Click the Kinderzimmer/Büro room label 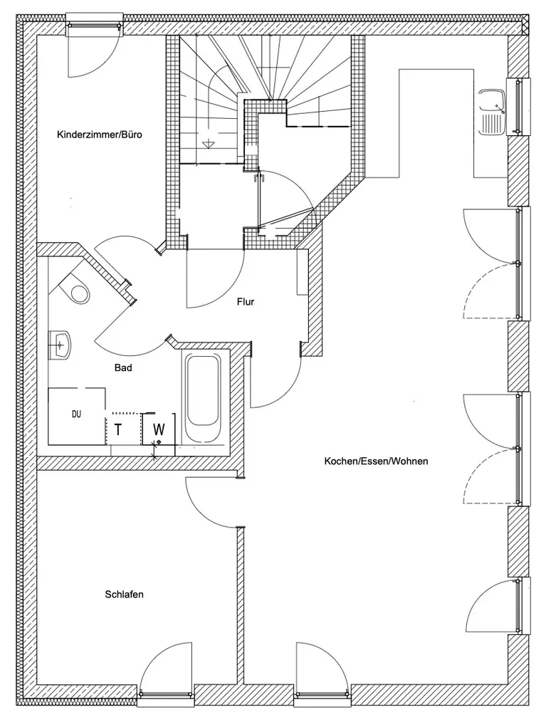(95, 134)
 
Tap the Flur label (246, 301)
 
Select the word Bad (123, 368)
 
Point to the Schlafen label (124, 594)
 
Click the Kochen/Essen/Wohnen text (376, 461)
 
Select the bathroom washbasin (61, 344)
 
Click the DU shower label (76, 413)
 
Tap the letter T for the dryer (118, 429)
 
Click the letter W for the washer (159, 429)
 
